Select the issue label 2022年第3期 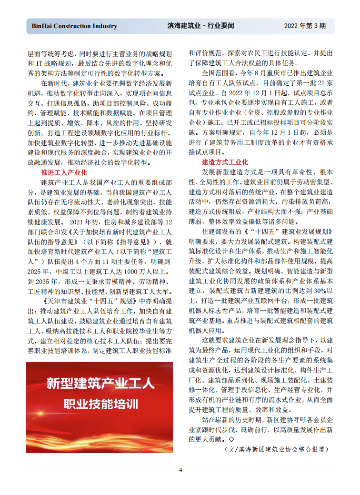(305, 26)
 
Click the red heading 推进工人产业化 (64, 172)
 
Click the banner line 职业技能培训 (100, 405)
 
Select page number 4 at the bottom (180, 470)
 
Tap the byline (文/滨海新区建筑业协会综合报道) (276, 449)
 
